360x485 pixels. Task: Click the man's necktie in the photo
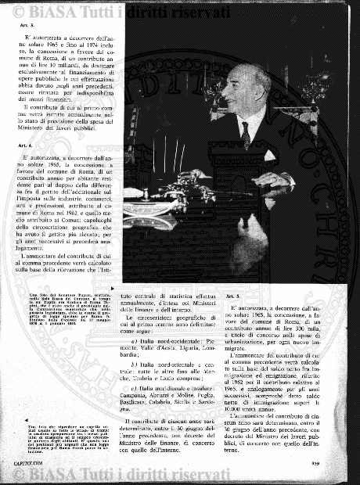click(245, 135)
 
